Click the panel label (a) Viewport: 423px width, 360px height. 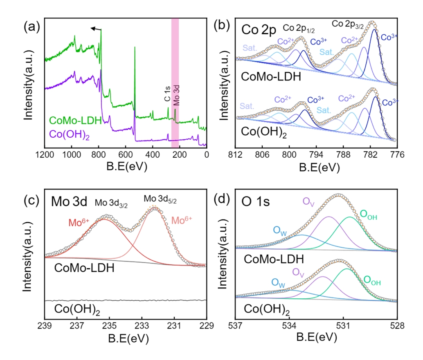point(32,27)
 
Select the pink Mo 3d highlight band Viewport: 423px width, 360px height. point(175,82)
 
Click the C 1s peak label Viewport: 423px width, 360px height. point(166,100)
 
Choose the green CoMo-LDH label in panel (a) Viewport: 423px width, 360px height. point(74,121)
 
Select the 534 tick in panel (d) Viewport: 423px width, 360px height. point(289,327)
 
